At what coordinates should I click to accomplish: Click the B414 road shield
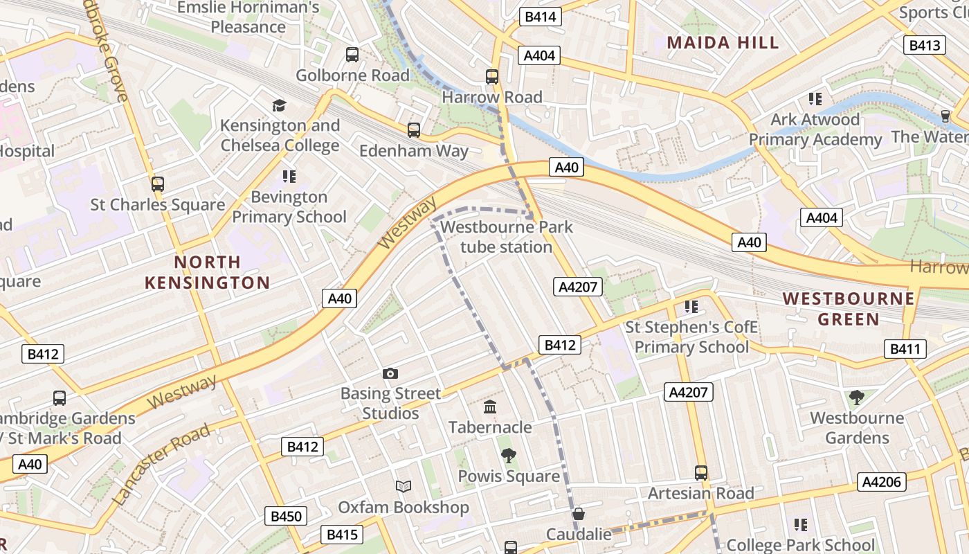[541, 17]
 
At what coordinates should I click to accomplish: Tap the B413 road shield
[925, 46]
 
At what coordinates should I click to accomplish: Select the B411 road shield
[905, 349]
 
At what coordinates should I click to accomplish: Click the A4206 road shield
[882, 482]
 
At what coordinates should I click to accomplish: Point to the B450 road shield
[286, 516]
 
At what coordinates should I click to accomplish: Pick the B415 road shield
[342, 534]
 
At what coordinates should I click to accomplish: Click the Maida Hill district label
[723, 42]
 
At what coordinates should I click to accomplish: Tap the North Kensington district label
[208, 272]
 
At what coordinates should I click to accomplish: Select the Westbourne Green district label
[849, 309]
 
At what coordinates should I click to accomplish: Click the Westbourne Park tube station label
[507, 237]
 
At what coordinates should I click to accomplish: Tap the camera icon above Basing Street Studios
[390, 374]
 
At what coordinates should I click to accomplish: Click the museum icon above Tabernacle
[490, 406]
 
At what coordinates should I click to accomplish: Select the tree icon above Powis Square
[509, 455]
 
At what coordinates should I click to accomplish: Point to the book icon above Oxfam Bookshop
[404, 486]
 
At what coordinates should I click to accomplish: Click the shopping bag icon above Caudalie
[579, 514]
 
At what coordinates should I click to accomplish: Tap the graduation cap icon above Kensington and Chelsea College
[279, 105]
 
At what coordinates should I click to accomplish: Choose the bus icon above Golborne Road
[352, 55]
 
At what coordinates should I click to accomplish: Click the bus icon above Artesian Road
[701, 473]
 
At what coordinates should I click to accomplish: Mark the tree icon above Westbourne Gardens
[857, 397]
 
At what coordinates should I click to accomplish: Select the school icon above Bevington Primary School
[289, 177]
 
